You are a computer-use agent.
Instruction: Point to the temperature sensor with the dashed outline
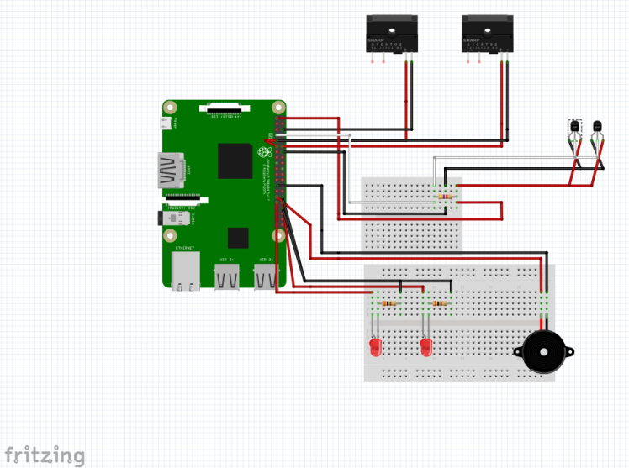point(574,129)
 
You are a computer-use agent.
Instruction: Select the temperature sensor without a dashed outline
point(597,129)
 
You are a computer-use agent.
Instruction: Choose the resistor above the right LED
point(440,302)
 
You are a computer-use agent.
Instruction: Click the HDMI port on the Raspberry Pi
point(172,171)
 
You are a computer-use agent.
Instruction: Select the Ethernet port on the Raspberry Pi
point(185,271)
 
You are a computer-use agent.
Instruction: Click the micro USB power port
point(166,124)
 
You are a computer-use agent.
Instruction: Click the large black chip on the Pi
point(235,161)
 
